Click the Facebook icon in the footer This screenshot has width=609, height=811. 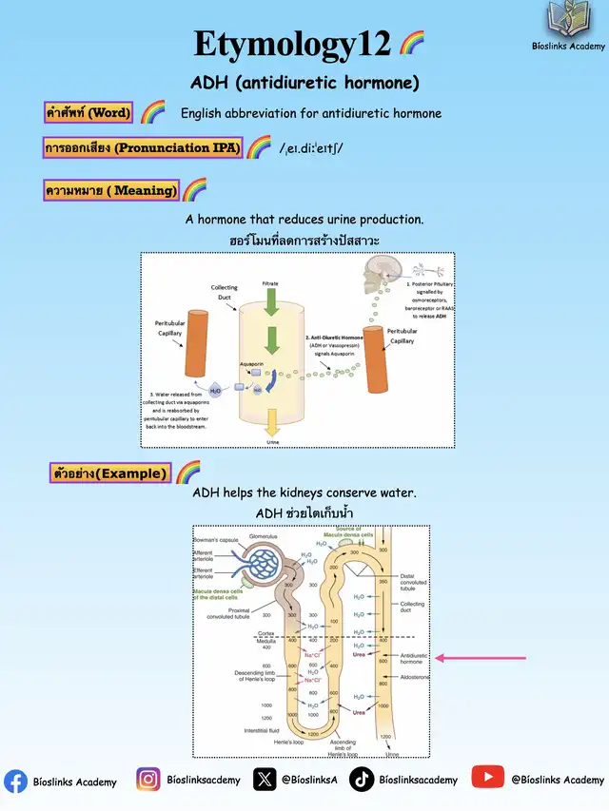[x=15, y=781]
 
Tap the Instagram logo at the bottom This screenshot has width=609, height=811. [x=147, y=780]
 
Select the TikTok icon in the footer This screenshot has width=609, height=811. [x=362, y=780]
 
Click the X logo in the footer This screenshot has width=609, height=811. [x=265, y=780]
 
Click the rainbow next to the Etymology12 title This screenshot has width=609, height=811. [x=411, y=43]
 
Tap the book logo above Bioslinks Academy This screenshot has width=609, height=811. [x=569, y=20]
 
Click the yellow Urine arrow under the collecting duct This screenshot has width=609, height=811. [x=271, y=422]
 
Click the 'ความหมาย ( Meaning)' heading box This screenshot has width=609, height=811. [x=111, y=190]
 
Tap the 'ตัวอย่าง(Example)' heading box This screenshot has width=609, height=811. [x=110, y=473]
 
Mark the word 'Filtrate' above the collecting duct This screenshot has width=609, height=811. [x=271, y=283]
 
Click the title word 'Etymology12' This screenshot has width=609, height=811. [x=292, y=44]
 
